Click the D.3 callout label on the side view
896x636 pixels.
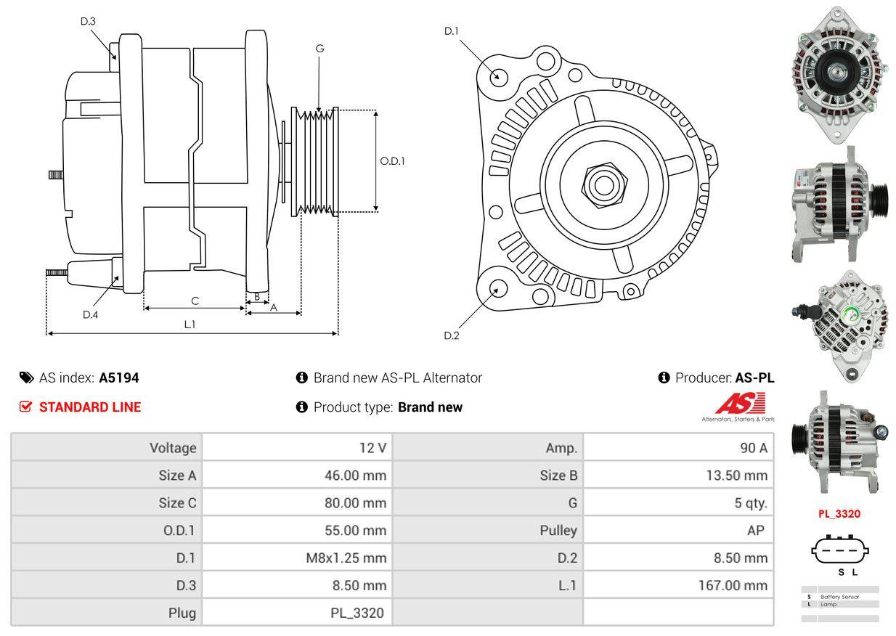pyautogui.click(x=88, y=21)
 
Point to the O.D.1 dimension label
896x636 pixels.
pyautogui.click(x=392, y=161)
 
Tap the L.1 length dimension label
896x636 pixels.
pyautogui.click(x=190, y=325)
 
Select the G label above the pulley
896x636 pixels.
pyautogui.click(x=319, y=49)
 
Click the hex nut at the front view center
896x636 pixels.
pyautogui.click(x=602, y=183)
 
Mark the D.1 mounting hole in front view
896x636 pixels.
pyautogui.click(x=498, y=76)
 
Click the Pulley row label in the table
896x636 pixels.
pyautogui.click(x=558, y=530)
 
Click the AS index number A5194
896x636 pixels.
pyautogui.click(x=119, y=378)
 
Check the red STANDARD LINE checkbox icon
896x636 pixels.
pyautogui.click(x=25, y=407)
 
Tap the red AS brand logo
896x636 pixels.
pyautogui.click(x=739, y=404)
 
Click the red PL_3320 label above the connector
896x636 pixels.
pyautogui.click(x=839, y=514)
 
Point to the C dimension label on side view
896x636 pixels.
pyautogui.click(x=195, y=301)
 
